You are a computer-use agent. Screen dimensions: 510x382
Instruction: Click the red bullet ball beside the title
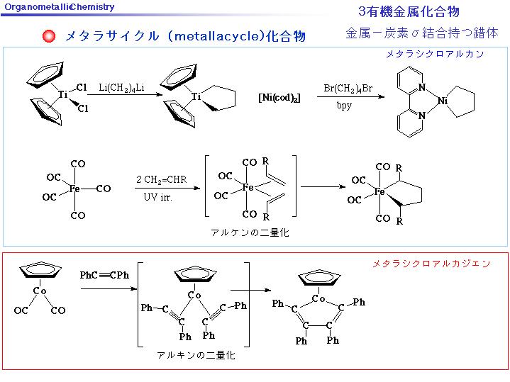click(49, 35)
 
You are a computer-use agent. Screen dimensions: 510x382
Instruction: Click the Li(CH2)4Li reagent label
click(121, 88)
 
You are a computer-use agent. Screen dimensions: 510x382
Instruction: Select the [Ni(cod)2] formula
click(279, 98)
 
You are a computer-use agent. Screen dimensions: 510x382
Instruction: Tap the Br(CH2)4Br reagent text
click(348, 89)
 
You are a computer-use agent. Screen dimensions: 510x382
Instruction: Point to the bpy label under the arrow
click(344, 106)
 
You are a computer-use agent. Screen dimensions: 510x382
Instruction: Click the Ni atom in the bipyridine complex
click(443, 101)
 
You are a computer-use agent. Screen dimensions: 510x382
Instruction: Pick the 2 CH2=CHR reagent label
click(161, 179)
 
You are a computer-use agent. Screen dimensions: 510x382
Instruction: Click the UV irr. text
click(157, 197)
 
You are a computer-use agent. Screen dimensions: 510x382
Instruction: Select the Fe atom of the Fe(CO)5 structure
click(74, 189)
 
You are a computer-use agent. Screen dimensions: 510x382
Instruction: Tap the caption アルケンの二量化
click(250, 232)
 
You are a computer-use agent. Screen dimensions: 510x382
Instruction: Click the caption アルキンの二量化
click(196, 354)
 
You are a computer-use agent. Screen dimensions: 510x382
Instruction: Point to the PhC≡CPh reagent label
click(104, 275)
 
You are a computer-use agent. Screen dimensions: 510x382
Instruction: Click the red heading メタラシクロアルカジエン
click(431, 264)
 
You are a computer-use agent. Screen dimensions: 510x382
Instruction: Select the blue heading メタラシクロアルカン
click(435, 54)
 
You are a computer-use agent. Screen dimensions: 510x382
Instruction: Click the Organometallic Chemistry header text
click(60, 7)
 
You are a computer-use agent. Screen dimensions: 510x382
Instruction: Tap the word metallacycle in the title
click(216, 36)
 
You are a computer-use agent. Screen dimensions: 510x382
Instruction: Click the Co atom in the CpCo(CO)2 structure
click(40, 291)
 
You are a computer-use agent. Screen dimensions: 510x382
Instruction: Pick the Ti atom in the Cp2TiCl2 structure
click(62, 94)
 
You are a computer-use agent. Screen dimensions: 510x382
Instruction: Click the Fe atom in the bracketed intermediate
click(248, 187)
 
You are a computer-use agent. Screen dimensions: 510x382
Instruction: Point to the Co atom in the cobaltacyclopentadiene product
click(318, 298)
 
